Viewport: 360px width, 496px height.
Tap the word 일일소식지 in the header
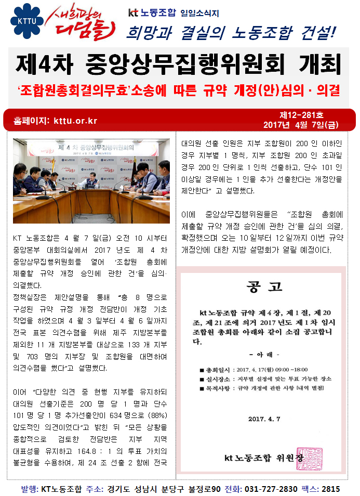201,12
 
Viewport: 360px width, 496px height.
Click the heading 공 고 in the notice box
264,287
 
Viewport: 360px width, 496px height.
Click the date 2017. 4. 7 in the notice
264,419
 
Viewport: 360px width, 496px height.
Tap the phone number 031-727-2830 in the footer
271,489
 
